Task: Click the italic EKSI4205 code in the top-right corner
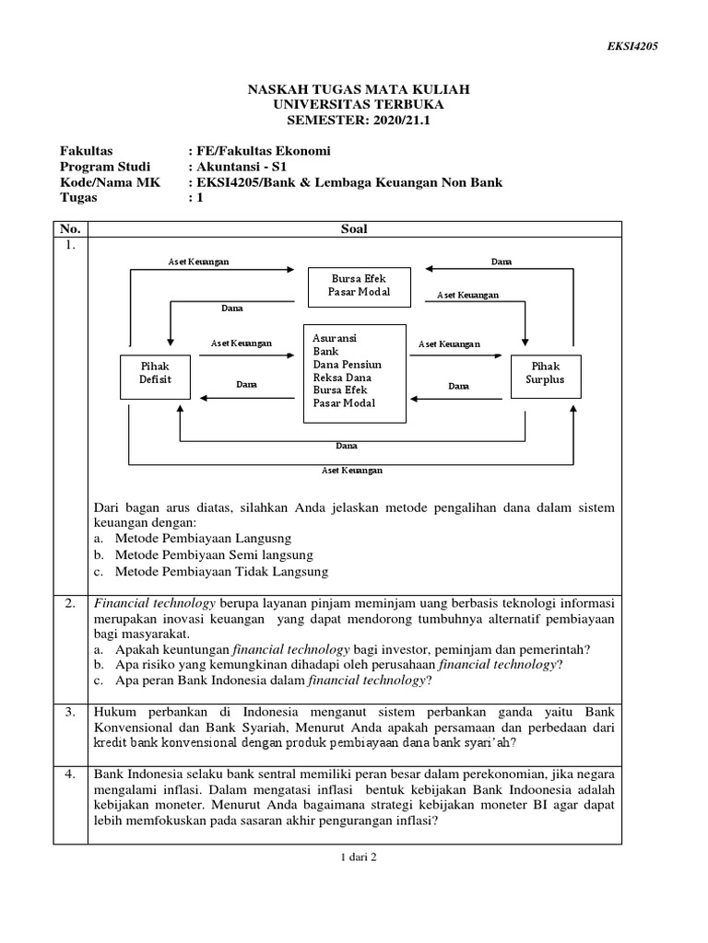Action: click(632, 46)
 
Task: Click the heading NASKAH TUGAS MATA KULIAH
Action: click(359, 88)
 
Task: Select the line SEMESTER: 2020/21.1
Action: click(359, 120)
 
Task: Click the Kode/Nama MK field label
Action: click(110, 182)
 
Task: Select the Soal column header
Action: click(354, 228)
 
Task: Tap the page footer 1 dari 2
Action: click(354, 856)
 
